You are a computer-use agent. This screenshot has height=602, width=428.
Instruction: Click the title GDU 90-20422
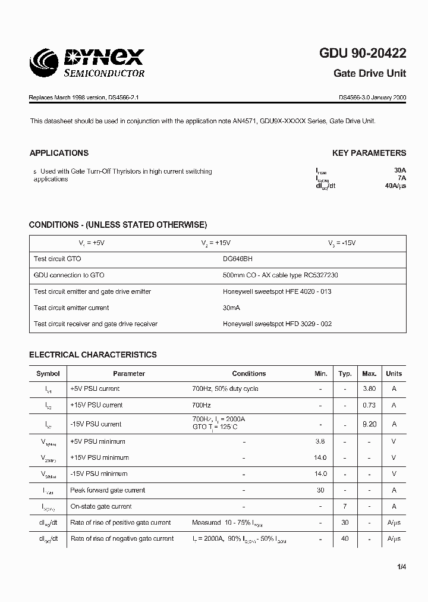click(363, 54)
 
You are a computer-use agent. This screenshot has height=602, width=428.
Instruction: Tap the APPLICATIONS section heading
click(59, 153)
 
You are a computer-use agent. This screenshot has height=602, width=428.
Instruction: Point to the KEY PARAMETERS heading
click(369, 153)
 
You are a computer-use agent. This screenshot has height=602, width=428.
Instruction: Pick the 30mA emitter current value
click(232, 308)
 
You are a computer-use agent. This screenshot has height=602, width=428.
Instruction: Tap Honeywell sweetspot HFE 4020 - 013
click(277, 291)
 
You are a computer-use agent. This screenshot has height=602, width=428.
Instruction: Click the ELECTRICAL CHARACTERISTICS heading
click(93, 355)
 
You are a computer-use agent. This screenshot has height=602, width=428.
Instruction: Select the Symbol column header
click(48, 374)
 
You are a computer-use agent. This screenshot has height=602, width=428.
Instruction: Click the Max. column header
click(369, 374)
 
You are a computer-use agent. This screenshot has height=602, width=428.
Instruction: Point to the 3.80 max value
click(369, 389)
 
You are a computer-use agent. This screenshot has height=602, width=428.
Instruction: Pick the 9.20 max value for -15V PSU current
click(369, 424)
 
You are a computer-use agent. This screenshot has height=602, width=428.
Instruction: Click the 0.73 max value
click(369, 405)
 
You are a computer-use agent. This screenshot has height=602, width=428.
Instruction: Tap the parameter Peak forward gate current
click(108, 490)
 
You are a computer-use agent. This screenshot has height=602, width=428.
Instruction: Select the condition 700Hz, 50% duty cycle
click(225, 389)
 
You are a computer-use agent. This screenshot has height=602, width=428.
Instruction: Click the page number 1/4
click(402, 567)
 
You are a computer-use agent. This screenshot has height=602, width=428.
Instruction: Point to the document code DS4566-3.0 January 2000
click(372, 97)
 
